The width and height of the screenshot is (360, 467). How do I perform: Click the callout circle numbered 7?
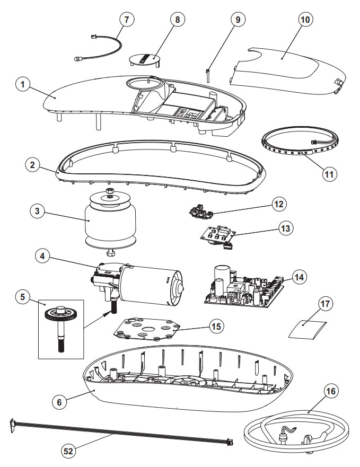pyautogui.click(x=126, y=19)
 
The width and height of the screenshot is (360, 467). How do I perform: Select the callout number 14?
pyautogui.click(x=300, y=277)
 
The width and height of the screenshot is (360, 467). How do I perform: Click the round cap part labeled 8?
pyautogui.click(x=145, y=58)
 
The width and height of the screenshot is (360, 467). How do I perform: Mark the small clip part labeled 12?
pyautogui.click(x=201, y=213)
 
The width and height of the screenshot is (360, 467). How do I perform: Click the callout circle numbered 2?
pyautogui.click(x=33, y=164)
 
